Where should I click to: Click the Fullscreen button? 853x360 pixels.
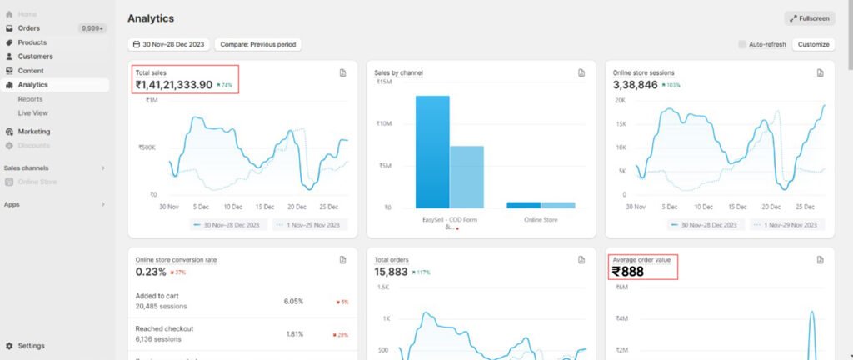click(x=810, y=18)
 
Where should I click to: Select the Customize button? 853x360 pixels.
click(x=813, y=44)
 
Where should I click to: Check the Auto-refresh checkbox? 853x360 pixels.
click(x=743, y=44)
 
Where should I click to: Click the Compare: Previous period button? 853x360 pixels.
click(x=257, y=44)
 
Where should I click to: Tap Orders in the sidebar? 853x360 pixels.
click(x=29, y=28)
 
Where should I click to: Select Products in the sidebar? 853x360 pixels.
click(x=32, y=42)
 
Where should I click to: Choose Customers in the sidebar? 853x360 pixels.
click(x=35, y=57)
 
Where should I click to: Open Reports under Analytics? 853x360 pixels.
click(x=30, y=99)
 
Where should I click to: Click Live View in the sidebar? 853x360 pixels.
click(x=33, y=112)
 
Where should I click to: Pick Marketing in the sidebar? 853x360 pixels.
click(x=34, y=131)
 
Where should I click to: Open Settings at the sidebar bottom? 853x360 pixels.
click(x=32, y=345)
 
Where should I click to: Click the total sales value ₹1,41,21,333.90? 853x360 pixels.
click(x=174, y=84)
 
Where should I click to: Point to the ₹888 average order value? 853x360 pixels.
click(x=627, y=271)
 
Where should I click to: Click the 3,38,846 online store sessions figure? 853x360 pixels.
click(x=636, y=84)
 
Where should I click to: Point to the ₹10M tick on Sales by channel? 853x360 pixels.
click(x=385, y=124)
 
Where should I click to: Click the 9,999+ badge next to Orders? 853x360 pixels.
click(x=92, y=28)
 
